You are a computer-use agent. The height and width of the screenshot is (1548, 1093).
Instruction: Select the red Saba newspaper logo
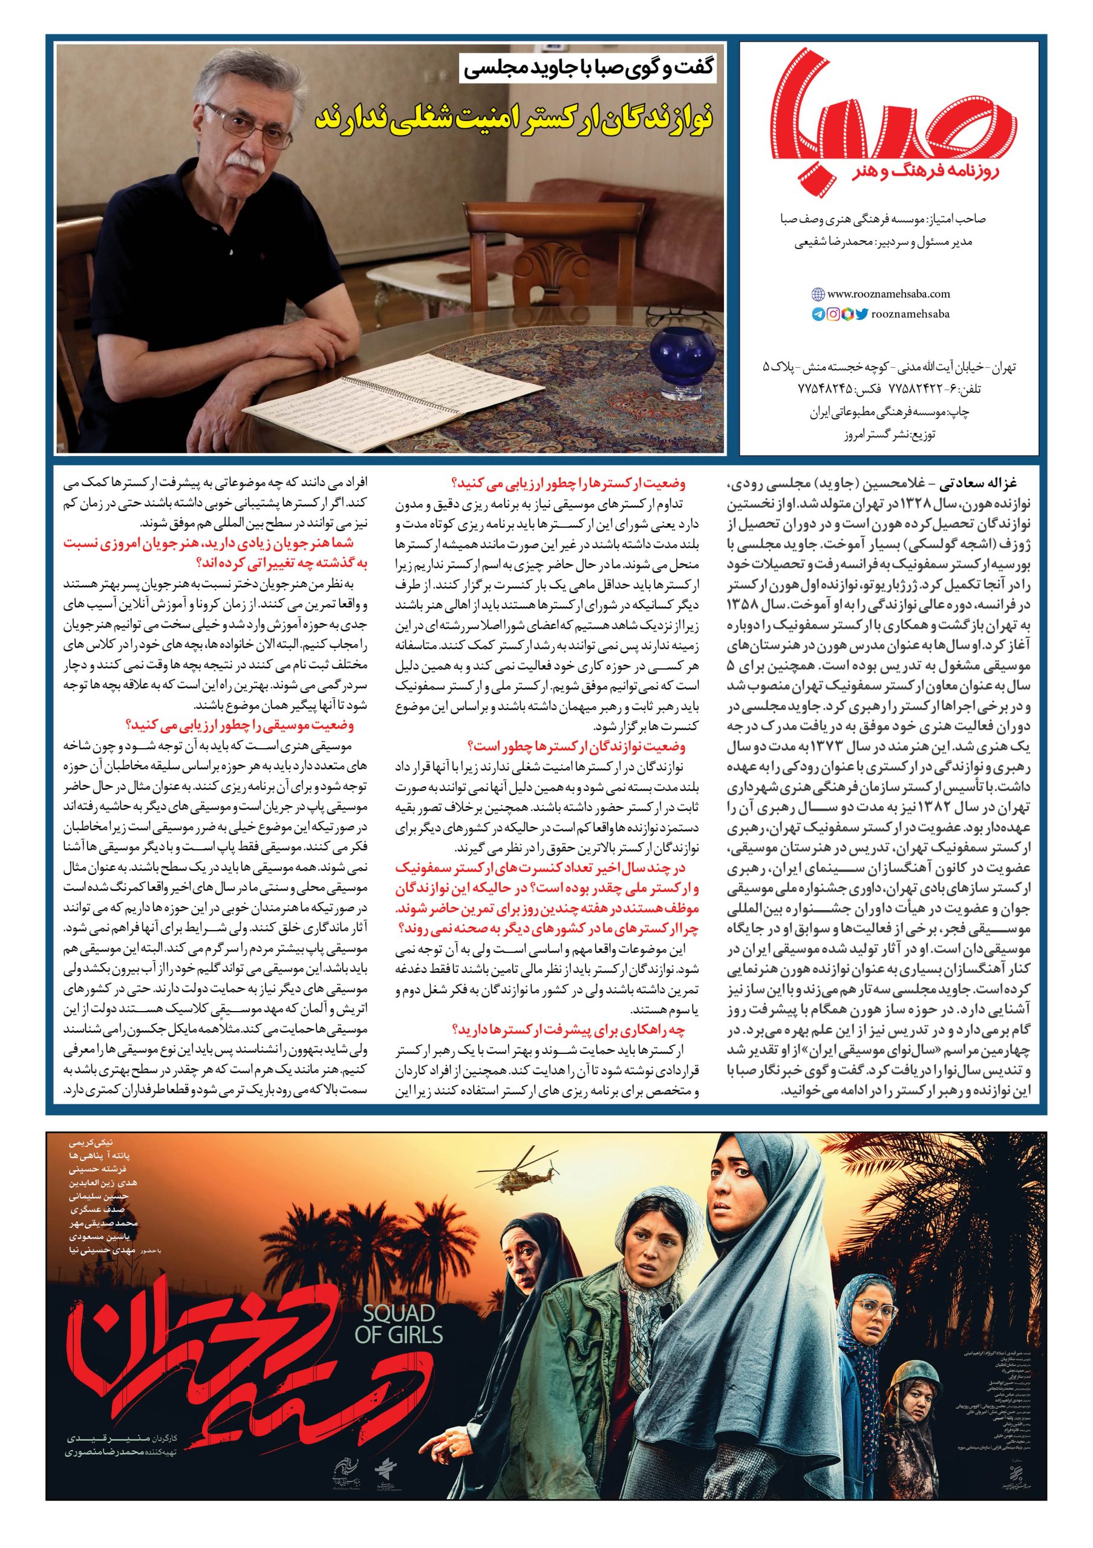point(893,118)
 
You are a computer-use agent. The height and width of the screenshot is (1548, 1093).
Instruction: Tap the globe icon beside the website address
point(818,294)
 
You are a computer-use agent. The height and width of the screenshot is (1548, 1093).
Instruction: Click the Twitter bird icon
point(863,313)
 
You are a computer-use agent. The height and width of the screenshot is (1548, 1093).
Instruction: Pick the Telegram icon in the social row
point(818,313)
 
